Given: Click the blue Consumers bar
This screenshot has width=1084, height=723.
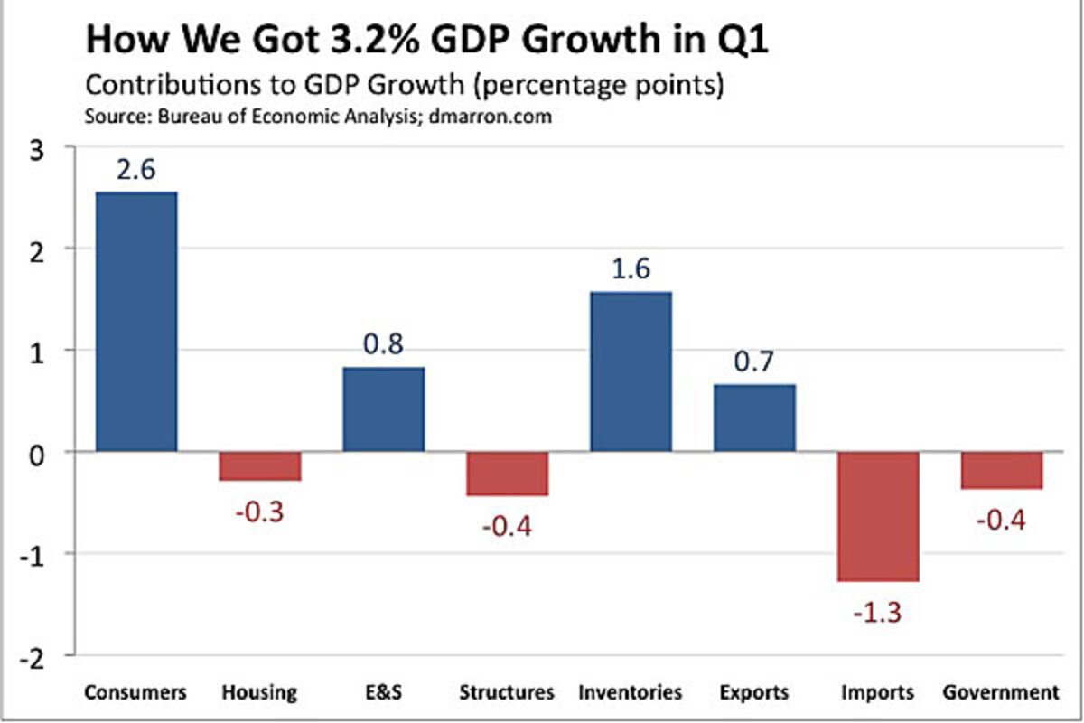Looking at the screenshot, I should pyautogui.click(x=136, y=321).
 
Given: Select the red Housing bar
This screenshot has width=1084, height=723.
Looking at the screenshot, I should pyautogui.click(x=260, y=466).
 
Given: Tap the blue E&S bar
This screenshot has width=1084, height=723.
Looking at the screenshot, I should pyautogui.click(x=383, y=408).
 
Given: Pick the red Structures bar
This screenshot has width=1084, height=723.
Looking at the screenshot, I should pyautogui.click(x=507, y=474).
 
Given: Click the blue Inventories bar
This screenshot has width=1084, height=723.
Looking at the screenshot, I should pyautogui.click(x=631, y=371).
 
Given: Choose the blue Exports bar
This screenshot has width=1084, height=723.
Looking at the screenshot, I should pyautogui.click(x=754, y=418).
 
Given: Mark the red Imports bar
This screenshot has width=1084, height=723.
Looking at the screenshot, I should pyautogui.click(x=878, y=516).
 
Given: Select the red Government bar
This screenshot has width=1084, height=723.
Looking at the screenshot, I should pyautogui.click(x=1002, y=471).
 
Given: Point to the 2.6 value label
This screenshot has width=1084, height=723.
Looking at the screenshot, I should pyautogui.click(x=136, y=172).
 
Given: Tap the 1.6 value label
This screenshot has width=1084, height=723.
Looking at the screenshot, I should pyautogui.click(x=631, y=270).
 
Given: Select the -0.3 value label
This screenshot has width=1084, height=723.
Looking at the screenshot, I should pyautogui.click(x=260, y=511).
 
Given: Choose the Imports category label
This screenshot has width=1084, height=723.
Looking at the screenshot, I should pyautogui.click(x=878, y=693).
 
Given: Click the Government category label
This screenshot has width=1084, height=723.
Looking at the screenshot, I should pyautogui.click(x=1000, y=693).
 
